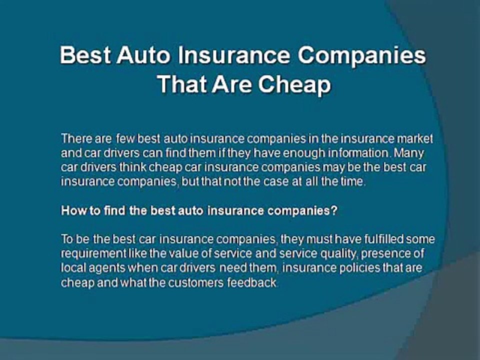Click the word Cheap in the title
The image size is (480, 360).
(294, 84)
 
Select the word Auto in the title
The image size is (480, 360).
(143, 55)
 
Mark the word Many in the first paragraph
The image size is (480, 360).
(408, 153)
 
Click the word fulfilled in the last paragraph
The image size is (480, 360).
(384, 239)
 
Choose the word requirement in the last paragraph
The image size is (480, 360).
(93, 254)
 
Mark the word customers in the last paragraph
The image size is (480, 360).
(196, 282)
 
